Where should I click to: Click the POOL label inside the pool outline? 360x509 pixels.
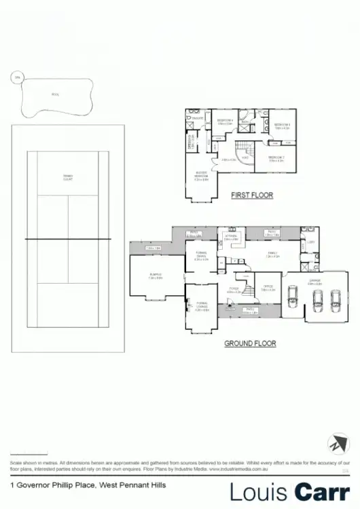[54, 95]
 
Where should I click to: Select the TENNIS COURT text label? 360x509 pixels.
[68, 178]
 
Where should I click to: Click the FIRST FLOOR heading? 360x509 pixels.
[252, 195]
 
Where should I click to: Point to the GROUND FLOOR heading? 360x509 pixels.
[250, 344]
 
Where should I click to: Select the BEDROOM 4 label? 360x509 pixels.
[225, 122]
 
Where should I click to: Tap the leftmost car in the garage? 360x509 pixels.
[293, 296]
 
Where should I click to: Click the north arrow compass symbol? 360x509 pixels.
[337, 445]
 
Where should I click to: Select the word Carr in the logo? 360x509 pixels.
[323, 491]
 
